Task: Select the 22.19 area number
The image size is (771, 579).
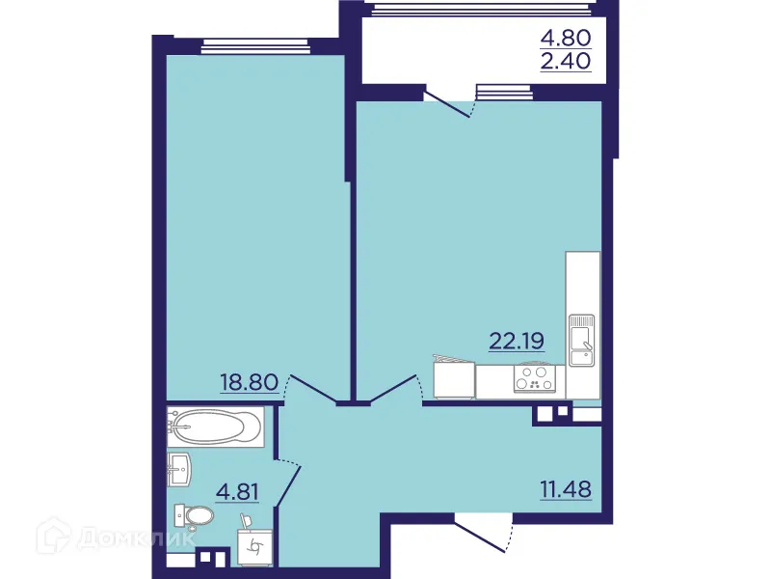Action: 518,340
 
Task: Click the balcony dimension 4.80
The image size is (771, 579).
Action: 565,39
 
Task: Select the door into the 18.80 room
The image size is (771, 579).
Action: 310,388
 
